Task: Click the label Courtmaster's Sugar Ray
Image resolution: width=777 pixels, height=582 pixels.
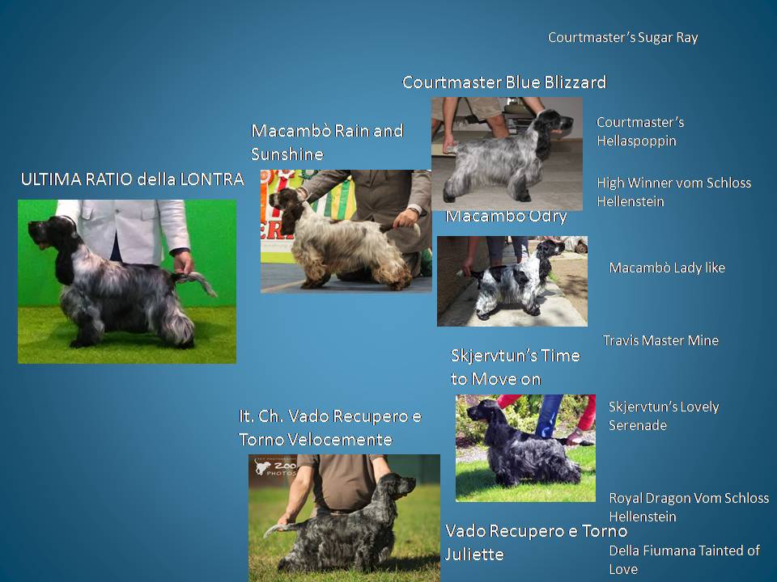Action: tap(623, 38)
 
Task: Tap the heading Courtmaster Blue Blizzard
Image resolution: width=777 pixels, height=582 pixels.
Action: tap(504, 82)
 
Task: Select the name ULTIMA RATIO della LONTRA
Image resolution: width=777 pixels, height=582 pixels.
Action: tap(132, 179)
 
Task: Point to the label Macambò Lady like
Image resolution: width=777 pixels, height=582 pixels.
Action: tap(667, 268)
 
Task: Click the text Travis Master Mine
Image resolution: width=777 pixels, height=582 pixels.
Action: tap(660, 340)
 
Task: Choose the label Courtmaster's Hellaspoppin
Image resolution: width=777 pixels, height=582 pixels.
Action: tap(640, 132)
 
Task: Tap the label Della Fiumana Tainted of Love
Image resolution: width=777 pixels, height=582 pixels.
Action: tap(685, 559)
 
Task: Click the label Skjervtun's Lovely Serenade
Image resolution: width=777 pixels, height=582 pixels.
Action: tap(664, 415)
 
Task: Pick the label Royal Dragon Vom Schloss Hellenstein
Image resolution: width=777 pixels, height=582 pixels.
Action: tap(689, 507)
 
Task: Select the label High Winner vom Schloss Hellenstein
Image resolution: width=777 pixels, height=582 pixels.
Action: tap(674, 192)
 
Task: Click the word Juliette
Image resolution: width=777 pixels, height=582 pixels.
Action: tap(474, 555)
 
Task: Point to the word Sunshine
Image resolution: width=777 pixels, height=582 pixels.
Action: tap(287, 154)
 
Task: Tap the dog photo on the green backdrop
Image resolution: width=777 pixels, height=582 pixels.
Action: tap(127, 281)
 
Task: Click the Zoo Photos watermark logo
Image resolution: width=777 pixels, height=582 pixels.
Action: tap(275, 467)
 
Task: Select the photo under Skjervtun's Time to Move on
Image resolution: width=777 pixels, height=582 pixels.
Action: tap(525, 448)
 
